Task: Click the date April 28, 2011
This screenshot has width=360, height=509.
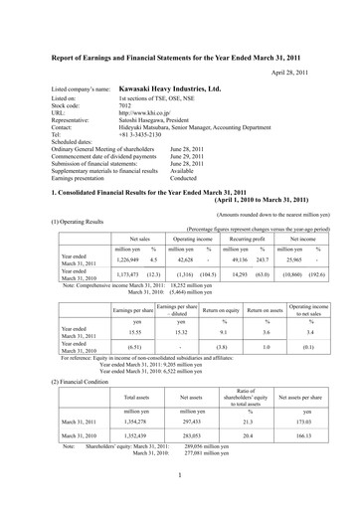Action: click(303, 75)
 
